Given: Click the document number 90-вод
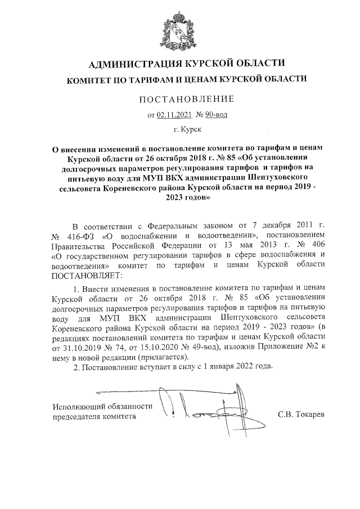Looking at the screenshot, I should (215, 115).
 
